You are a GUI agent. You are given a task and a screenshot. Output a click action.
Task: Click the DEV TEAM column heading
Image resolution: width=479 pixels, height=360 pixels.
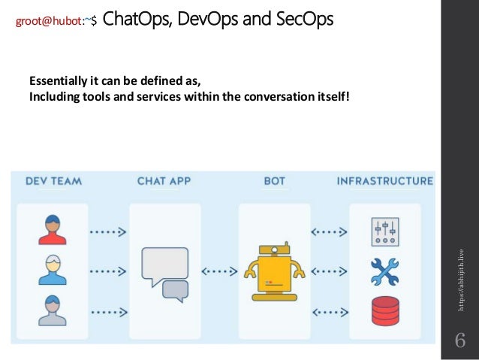(x=53, y=180)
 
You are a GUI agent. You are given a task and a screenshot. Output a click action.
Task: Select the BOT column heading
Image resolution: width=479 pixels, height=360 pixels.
(x=274, y=180)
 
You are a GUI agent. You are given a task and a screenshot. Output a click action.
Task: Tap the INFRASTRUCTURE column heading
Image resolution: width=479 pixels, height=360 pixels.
(x=384, y=180)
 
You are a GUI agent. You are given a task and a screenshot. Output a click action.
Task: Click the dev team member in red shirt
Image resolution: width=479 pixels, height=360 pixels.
(x=52, y=231)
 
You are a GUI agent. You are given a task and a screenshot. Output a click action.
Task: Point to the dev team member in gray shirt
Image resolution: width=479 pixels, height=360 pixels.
(x=52, y=310)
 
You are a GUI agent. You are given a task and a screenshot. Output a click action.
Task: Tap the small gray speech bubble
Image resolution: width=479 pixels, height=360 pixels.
(x=175, y=289)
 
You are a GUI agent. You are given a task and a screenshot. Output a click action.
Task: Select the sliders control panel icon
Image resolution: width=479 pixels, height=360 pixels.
(x=384, y=231)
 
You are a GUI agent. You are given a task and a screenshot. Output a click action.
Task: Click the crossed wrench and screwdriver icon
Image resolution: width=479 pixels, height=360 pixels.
(x=384, y=271)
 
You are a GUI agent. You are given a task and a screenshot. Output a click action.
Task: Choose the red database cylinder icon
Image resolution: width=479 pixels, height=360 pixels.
(x=384, y=310)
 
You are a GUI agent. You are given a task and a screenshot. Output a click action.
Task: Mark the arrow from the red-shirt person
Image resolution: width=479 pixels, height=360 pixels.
(x=108, y=232)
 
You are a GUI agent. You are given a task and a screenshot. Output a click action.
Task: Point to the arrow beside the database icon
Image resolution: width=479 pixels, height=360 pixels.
(x=327, y=310)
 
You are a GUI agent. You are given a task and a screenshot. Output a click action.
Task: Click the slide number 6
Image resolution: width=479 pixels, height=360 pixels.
(x=460, y=341)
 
